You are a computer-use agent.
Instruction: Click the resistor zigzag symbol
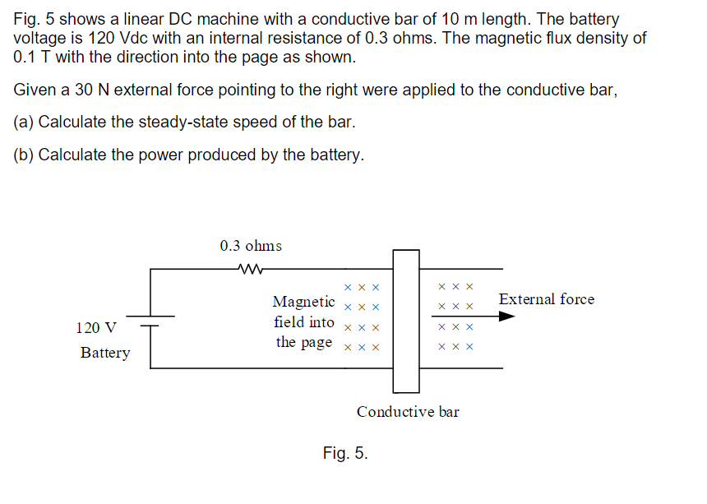[x=249, y=268]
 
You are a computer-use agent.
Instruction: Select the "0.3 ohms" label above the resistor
[x=251, y=246]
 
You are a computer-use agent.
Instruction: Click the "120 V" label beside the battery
[x=96, y=328]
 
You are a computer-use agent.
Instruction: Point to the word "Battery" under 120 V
[x=105, y=353]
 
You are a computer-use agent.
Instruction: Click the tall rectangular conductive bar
[x=406, y=321]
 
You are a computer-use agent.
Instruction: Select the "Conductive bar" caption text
[x=408, y=412]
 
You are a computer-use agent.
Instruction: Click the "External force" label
[x=546, y=299]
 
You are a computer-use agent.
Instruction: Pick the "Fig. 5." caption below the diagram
[x=345, y=453]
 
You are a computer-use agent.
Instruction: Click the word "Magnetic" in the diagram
[x=303, y=302]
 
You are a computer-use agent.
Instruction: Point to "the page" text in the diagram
[x=304, y=342]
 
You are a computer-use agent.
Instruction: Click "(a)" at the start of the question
[x=24, y=123]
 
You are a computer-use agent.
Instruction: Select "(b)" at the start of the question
[x=24, y=155]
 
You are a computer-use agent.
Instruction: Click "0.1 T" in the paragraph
[x=34, y=58]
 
